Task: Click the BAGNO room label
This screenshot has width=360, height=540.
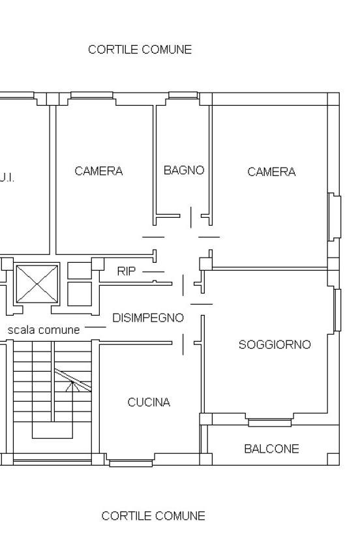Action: coord(184,170)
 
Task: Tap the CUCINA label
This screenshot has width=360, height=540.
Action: coord(149,402)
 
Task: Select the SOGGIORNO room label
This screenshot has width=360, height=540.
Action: coord(275,345)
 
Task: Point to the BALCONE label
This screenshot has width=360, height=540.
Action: coord(271,449)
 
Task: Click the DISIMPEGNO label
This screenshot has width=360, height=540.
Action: coord(148,318)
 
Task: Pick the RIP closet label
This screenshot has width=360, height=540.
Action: coord(126,271)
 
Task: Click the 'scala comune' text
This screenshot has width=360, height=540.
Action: coord(44,330)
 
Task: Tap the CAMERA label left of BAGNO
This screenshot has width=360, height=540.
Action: coord(98,171)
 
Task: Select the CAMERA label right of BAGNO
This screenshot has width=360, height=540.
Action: coord(271,172)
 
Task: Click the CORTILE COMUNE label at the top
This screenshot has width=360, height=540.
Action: coord(140,50)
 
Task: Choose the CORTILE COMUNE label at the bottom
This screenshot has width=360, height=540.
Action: coord(153,516)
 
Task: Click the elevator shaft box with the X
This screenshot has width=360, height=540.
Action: coord(37,284)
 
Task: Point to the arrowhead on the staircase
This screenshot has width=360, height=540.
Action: coord(72,386)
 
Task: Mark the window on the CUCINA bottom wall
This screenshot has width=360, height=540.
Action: coord(131,463)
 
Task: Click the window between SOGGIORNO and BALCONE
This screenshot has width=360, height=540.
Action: coord(270,423)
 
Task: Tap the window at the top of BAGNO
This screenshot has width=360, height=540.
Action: coord(183,95)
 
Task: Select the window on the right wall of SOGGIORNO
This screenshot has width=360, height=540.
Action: coord(337,310)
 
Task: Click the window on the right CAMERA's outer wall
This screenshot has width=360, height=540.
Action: coord(335,217)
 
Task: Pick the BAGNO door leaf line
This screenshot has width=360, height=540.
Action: coord(191,217)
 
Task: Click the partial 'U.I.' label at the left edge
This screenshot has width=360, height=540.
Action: coord(7,178)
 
